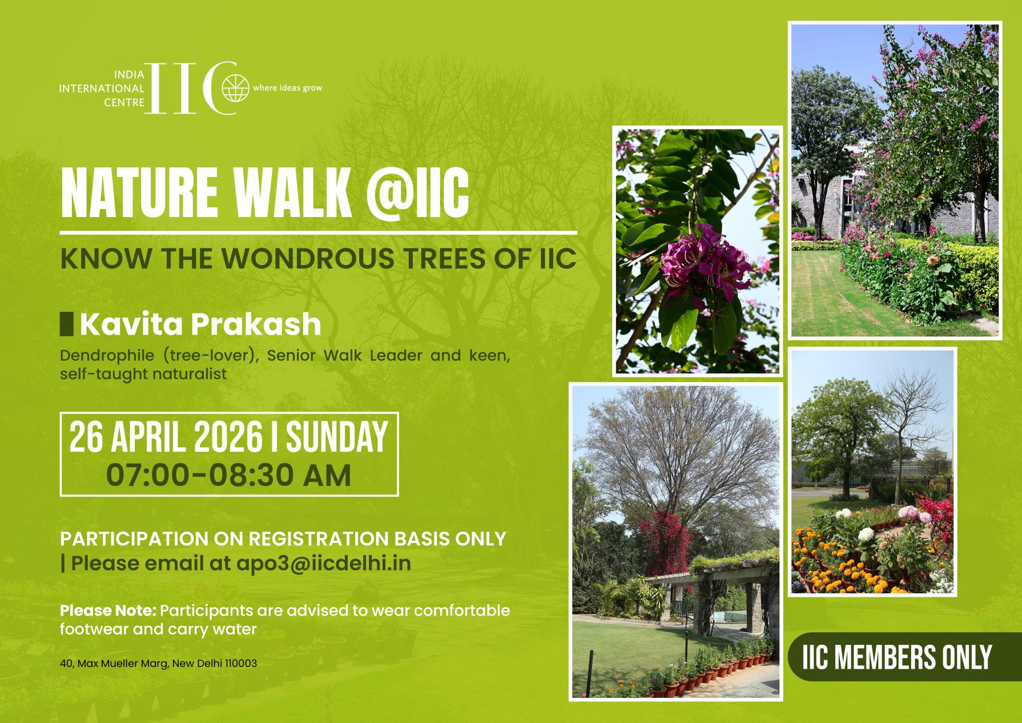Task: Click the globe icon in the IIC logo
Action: tap(236, 89)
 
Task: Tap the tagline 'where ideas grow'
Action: tap(287, 88)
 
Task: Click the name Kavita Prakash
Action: tap(200, 324)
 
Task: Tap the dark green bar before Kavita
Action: tap(67, 324)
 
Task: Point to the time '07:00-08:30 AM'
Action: tap(228, 475)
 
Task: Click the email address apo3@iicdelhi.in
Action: tap(323, 563)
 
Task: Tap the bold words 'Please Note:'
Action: tap(107, 610)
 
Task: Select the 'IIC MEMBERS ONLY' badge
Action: tap(896, 657)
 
